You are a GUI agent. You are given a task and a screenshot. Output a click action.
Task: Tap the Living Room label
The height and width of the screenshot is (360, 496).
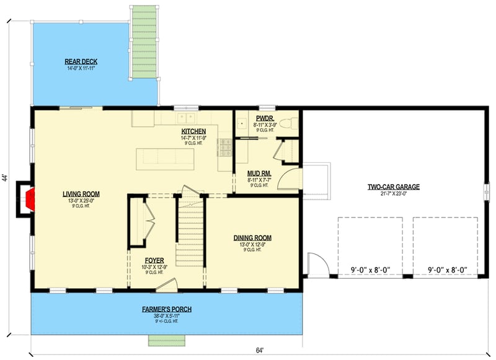[x=81, y=194]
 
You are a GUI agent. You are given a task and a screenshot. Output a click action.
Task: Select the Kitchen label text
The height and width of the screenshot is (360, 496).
[x=193, y=131]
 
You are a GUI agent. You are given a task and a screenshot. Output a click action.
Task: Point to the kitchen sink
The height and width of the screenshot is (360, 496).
[x=185, y=118]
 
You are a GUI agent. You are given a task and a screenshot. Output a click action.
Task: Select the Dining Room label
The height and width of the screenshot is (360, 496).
[x=252, y=237]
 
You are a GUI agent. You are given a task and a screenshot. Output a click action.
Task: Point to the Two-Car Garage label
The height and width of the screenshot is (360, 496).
[x=394, y=187]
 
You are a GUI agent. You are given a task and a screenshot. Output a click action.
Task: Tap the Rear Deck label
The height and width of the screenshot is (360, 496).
[x=81, y=61]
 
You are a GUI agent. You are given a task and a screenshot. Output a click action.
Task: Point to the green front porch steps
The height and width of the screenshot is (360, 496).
[x=166, y=340]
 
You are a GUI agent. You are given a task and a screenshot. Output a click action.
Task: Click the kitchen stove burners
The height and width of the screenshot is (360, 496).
[x=223, y=147]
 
